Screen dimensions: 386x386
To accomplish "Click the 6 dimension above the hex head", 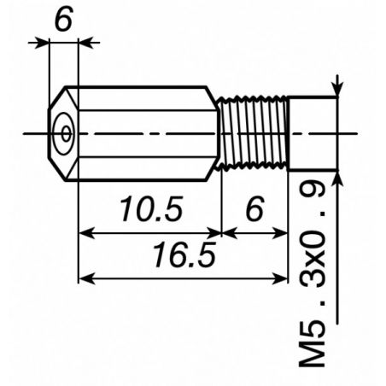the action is point(64,19).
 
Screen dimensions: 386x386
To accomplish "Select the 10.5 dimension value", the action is point(151,209).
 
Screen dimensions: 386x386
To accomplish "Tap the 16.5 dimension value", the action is point(184,254).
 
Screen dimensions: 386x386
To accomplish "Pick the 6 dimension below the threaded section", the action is point(254,209).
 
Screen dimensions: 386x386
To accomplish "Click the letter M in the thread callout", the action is point(312,351).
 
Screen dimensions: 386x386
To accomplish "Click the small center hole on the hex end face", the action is point(67,133).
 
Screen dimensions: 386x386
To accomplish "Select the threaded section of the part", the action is point(253,133).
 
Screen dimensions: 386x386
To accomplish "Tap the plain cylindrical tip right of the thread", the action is point(313,133).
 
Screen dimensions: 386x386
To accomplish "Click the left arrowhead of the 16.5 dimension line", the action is point(86,278).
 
